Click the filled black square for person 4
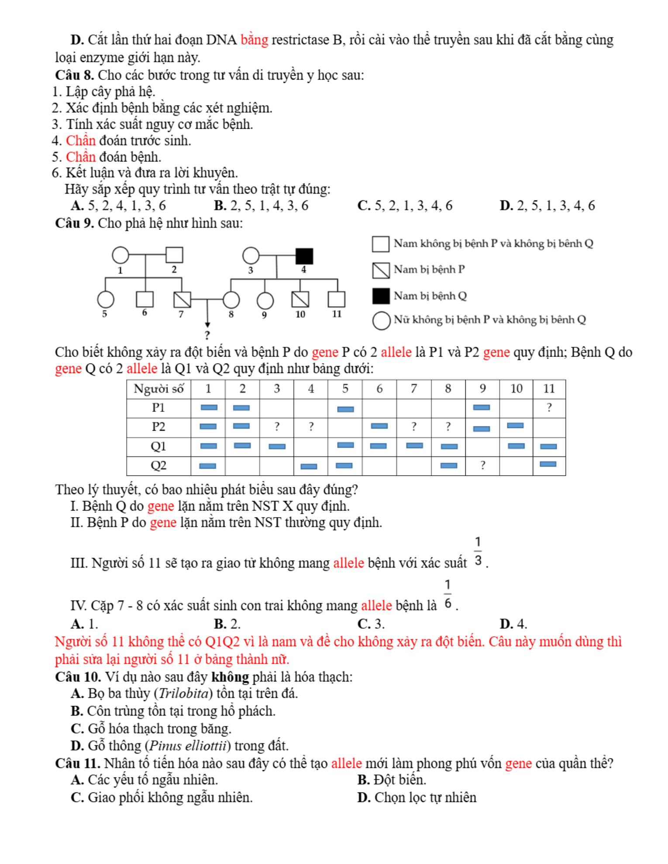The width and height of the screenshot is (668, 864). [x=304, y=256]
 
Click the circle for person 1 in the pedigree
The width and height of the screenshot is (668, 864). [x=121, y=255]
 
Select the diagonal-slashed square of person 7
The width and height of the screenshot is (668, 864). [x=182, y=299]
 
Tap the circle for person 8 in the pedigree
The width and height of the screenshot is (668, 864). [x=231, y=300]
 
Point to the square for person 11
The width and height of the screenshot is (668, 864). [x=336, y=299]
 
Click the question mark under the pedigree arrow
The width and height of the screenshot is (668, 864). [x=207, y=335]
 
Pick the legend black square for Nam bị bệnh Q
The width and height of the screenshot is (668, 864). [x=381, y=296]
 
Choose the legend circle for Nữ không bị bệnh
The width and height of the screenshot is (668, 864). [x=381, y=320]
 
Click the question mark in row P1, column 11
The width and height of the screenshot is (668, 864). [x=549, y=408]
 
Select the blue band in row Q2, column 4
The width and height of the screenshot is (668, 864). [x=309, y=466]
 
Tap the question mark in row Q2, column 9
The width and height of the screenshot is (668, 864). [x=482, y=465]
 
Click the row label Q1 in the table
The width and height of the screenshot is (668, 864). [x=158, y=446]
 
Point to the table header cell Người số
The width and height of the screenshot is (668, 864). [x=158, y=388]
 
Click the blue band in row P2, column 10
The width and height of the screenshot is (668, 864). [x=515, y=425]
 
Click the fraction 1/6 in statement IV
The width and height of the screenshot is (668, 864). [x=448, y=594]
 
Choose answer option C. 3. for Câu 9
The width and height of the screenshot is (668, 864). [x=371, y=624]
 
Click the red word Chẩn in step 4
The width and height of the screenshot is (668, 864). [x=81, y=141]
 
